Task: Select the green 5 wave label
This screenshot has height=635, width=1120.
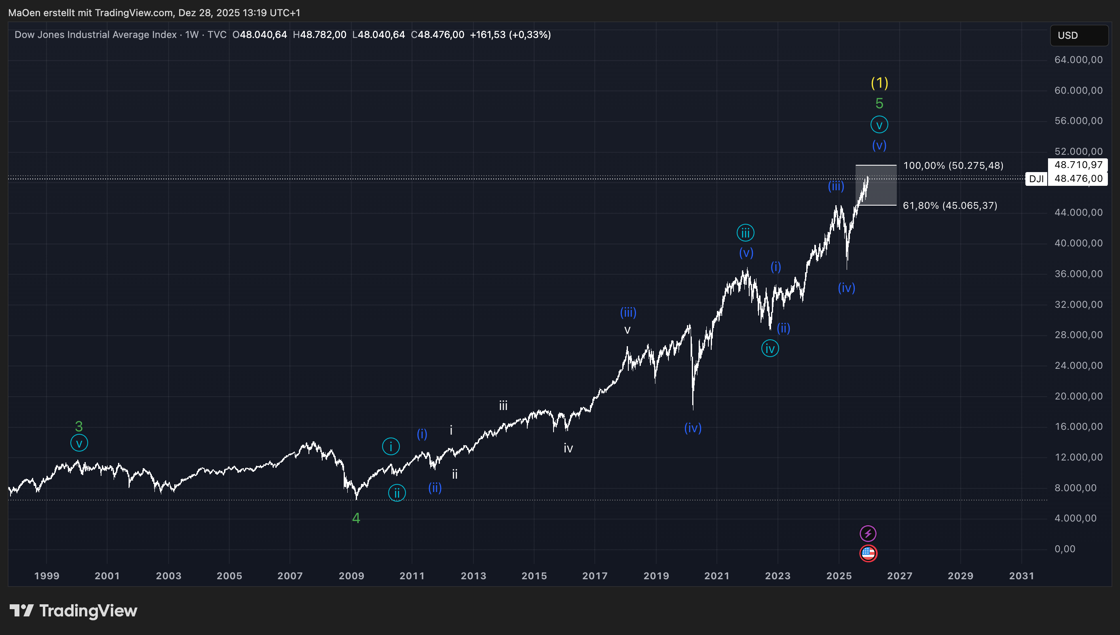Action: pos(879,103)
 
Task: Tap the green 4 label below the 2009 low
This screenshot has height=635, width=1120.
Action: pos(356,518)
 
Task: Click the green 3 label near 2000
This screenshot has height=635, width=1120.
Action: pos(78,426)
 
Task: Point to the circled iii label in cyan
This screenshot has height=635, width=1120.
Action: pos(745,233)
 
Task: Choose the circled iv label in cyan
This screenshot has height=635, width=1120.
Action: pos(770,349)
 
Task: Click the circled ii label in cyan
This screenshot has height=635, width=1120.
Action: pos(397,493)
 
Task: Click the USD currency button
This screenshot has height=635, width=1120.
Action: pos(1078,35)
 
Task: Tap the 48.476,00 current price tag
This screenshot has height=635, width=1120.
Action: pos(1078,179)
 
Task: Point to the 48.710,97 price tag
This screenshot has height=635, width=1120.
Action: pos(1078,165)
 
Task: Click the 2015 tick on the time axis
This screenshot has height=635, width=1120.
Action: pos(534,576)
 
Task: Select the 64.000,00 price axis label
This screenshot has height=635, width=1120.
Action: pos(1078,60)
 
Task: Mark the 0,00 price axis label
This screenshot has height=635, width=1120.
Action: pos(1065,549)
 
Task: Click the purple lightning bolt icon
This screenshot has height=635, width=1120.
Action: pos(868,533)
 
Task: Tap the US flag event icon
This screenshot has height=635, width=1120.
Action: pos(868,553)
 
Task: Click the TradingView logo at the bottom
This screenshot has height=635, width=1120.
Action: pos(73,611)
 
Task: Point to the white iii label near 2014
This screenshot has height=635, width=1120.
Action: pos(503,406)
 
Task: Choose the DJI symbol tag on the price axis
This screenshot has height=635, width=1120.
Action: pos(1036,179)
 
